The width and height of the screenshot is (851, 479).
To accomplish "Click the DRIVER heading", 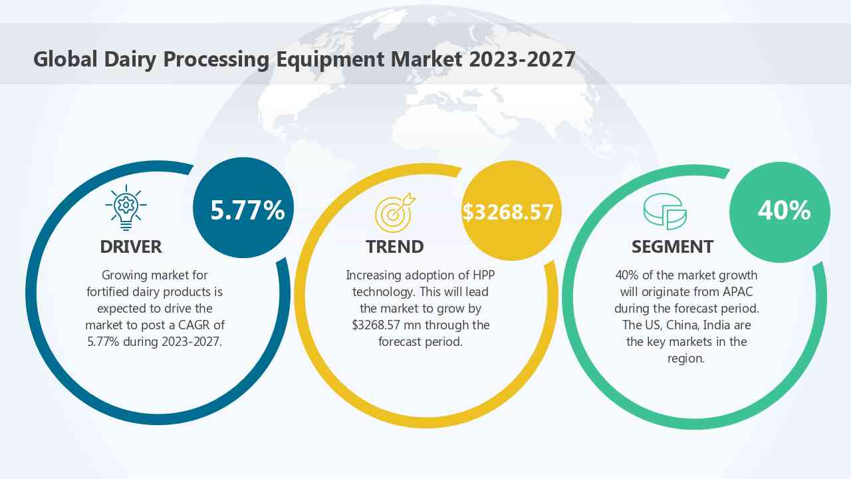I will (131, 247).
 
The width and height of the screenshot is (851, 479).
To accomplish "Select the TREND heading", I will (394, 247).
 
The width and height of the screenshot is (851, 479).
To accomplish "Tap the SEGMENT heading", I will (672, 247).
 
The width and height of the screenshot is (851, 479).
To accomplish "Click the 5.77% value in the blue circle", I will (247, 210).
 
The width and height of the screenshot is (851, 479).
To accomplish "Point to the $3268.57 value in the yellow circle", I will (508, 212).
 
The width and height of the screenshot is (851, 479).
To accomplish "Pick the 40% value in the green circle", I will (784, 210).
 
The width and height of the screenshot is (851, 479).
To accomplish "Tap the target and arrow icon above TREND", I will (394, 212).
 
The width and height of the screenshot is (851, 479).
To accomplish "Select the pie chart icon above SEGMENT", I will (665, 212).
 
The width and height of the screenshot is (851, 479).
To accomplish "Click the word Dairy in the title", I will (129, 59).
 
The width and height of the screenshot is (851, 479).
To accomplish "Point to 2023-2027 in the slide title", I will (522, 59).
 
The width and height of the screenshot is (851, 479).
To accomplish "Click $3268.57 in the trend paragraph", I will (380, 325).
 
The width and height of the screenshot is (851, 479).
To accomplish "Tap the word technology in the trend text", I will (383, 291).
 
